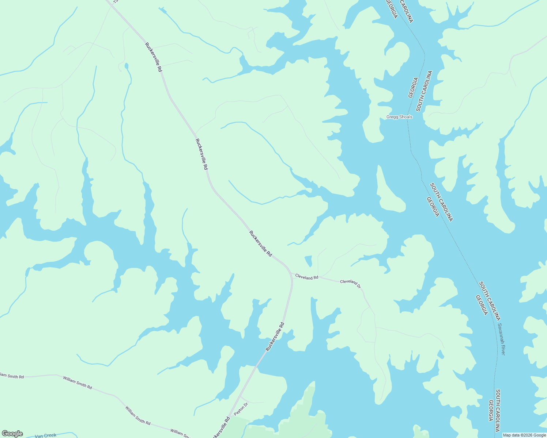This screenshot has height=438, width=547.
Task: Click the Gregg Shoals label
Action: [x=399, y=117]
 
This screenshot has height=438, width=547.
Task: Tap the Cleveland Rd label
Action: [x=307, y=277]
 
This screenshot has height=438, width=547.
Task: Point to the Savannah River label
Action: [x=501, y=339]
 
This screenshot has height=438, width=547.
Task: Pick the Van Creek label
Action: [x=46, y=435]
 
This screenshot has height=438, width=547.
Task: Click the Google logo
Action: [x=12, y=434]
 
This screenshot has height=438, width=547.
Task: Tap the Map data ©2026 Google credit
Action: [x=524, y=435]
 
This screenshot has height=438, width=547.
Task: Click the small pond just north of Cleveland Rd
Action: [x=308, y=261]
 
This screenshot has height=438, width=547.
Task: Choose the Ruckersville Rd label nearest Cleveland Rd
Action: [x=261, y=243]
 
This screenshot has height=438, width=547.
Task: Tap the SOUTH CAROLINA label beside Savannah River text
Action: [x=490, y=301]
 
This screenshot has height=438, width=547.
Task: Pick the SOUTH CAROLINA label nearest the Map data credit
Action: [x=498, y=411]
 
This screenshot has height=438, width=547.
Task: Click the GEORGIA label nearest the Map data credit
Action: [x=491, y=411]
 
